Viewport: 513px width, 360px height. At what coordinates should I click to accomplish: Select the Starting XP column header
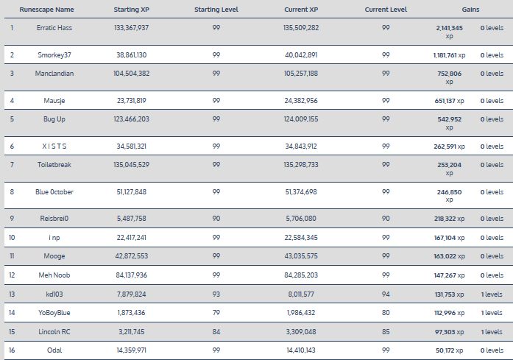click(x=132, y=10)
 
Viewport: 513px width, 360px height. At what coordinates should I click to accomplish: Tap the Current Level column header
click(x=386, y=10)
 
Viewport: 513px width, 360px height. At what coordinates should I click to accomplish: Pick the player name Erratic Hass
click(x=54, y=27)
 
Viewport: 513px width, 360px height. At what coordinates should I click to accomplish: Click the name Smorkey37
click(x=54, y=55)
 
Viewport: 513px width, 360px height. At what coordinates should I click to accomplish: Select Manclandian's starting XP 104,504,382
click(x=132, y=74)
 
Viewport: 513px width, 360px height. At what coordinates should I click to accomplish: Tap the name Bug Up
click(x=54, y=119)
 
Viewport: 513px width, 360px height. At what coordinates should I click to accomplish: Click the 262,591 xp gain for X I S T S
click(x=450, y=147)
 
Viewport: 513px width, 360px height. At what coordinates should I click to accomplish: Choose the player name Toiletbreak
click(x=54, y=164)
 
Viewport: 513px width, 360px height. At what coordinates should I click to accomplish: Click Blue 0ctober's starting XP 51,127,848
click(x=132, y=192)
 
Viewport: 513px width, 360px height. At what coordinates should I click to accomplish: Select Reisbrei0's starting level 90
click(x=216, y=219)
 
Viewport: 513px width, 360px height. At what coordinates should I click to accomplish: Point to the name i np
click(x=54, y=238)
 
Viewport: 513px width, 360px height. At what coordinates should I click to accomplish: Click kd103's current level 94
click(x=386, y=294)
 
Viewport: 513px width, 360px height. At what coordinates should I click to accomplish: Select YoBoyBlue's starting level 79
click(x=216, y=313)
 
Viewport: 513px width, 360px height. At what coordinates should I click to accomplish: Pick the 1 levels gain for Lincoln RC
click(x=492, y=332)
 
